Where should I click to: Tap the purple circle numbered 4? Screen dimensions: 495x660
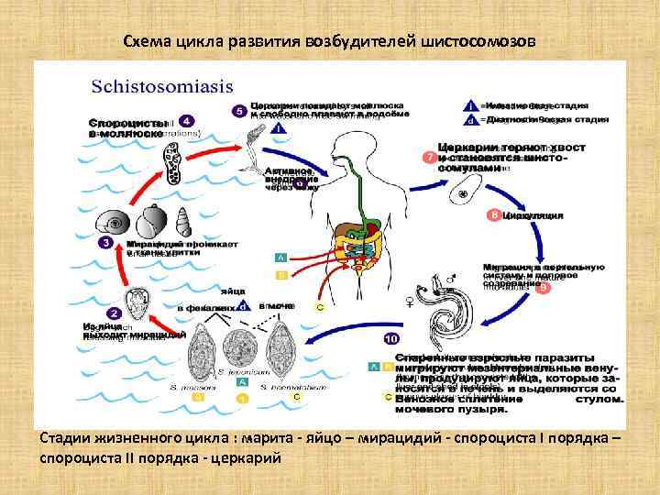[x=187, y=120]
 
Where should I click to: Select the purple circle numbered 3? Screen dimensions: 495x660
[x=106, y=243]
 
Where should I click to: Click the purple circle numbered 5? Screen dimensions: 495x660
[x=238, y=111]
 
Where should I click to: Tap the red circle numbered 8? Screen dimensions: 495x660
[x=495, y=215]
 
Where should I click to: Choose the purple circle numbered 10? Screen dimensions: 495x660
[x=390, y=338]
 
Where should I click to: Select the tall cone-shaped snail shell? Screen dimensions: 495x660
[x=183, y=219]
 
